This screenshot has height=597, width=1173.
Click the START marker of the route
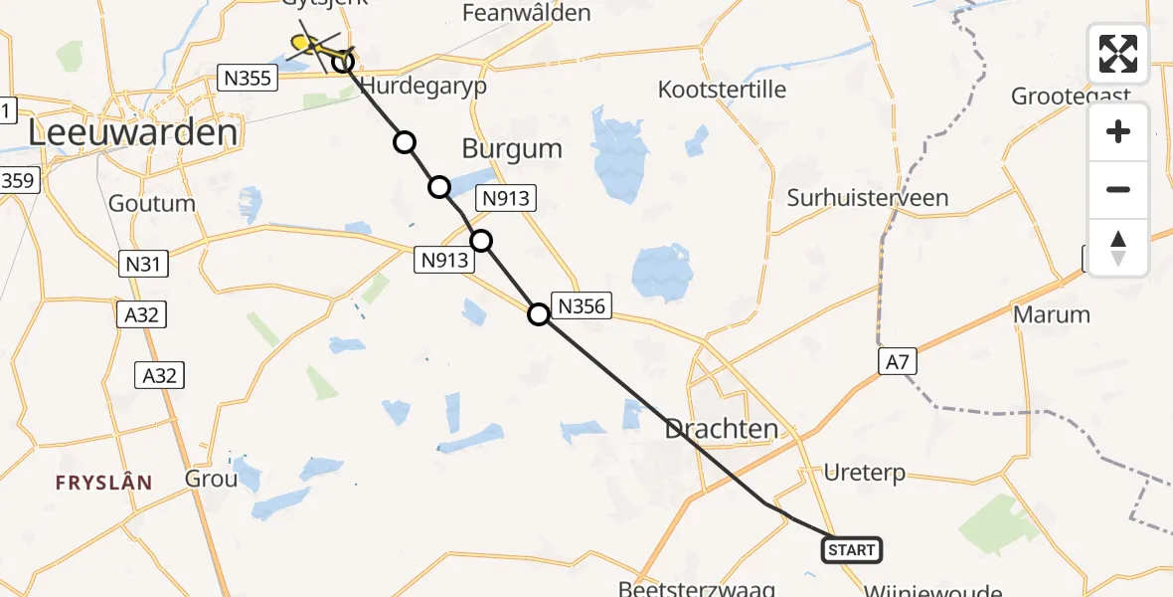click(852, 550)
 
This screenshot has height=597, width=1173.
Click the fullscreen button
click(1118, 54)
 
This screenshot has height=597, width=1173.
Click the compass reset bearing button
click(1118, 248)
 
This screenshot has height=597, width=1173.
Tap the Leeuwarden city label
click(133, 132)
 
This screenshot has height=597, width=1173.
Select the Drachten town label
click(722, 430)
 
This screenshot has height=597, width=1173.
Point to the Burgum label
click(512, 149)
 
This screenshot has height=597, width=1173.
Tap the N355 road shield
click(246, 78)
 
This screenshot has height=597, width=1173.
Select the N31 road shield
click(143, 264)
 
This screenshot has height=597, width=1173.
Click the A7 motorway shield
click(897, 361)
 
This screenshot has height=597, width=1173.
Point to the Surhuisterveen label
click(868, 198)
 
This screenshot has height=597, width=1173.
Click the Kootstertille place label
click(722, 90)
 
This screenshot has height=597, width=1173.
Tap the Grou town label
click(211, 479)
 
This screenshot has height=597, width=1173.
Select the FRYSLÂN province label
click(104, 483)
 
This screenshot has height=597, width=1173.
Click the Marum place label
click(1052, 314)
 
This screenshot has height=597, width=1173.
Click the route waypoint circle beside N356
click(538, 314)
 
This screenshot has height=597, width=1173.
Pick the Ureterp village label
click(864, 473)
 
